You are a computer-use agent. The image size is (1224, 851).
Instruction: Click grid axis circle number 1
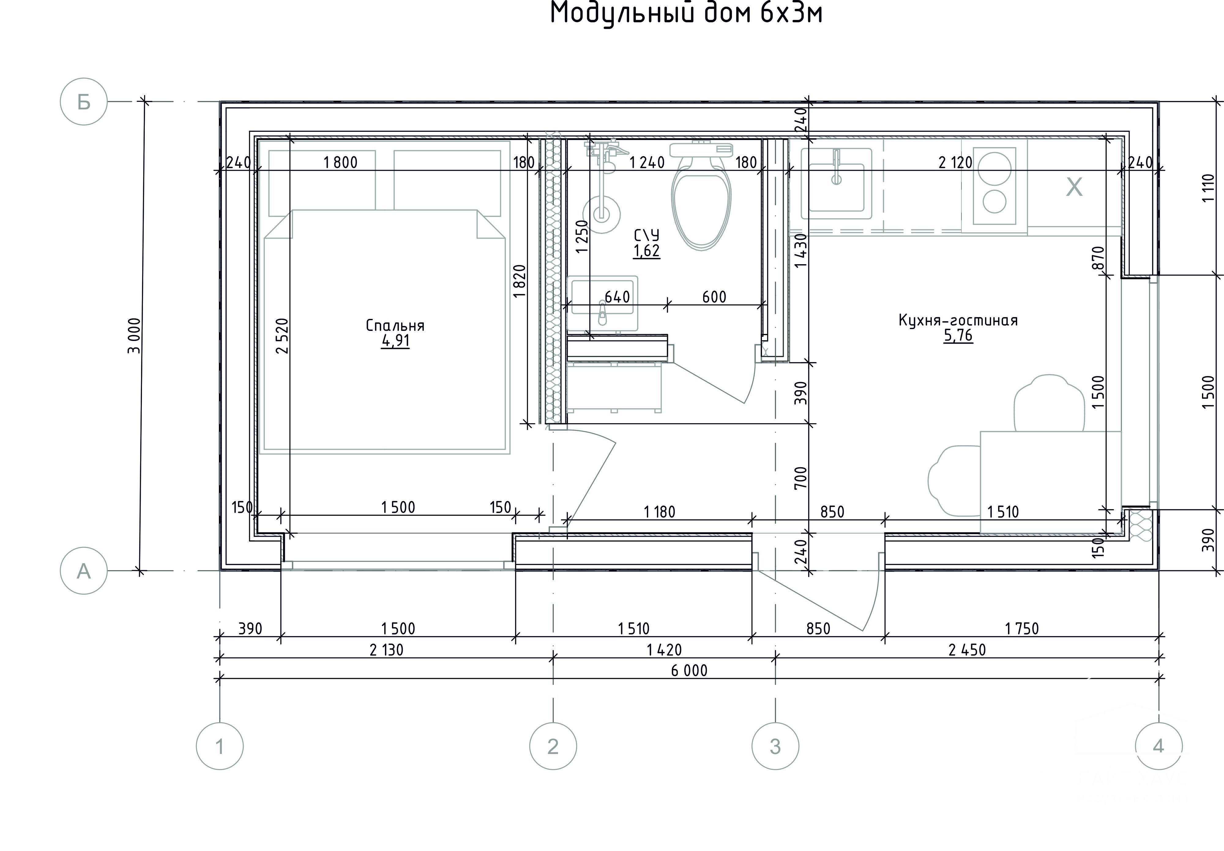pyautogui.click(x=220, y=746)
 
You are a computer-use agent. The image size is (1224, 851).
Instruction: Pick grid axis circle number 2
pyautogui.click(x=553, y=746)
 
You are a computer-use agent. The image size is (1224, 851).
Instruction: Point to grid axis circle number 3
pyautogui.click(x=775, y=746)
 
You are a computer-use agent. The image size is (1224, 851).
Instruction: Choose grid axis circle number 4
pyautogui.click(x=1159, y=746)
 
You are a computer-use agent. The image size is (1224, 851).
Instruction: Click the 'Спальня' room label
pyautogui.click(x=395, y=325)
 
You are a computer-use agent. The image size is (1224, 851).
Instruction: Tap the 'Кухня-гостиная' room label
pyautogui.click(x=958, y=320)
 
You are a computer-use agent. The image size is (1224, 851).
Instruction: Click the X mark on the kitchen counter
pyautogui.click(x=1074, y=187)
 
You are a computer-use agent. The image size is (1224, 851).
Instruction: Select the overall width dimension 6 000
pyautogui.click(x=689, y=670)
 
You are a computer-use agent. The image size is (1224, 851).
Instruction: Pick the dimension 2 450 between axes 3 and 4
pyautogui.click(x=967, y=649)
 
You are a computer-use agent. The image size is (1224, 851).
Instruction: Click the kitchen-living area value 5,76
pyautogui.click(x=958, y=336)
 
